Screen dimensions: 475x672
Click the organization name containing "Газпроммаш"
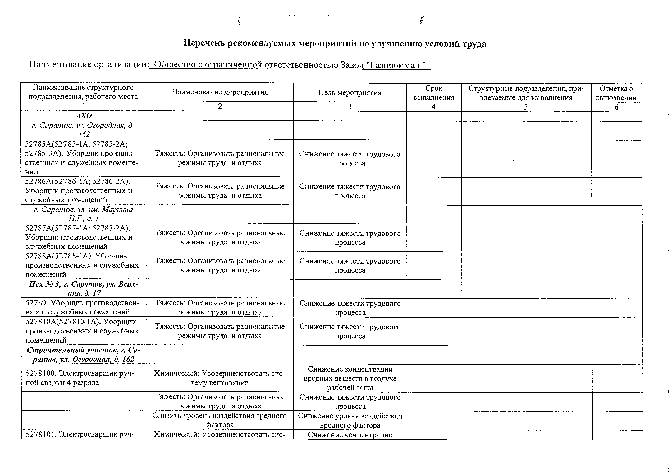[290, 65]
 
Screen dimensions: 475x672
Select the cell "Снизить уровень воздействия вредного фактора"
[220, 420]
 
